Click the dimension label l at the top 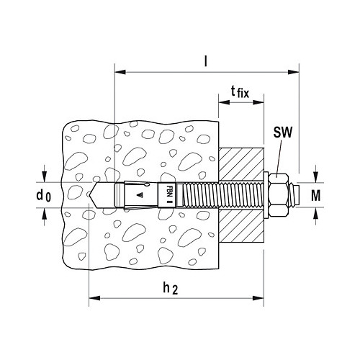[205, 61]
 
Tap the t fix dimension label [240, 92]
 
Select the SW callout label [283, 132]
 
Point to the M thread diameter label [316, 195]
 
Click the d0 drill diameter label [44, 195]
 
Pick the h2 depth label [171, 288]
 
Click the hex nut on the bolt [279, 195]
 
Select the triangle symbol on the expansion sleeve [139, 195]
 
